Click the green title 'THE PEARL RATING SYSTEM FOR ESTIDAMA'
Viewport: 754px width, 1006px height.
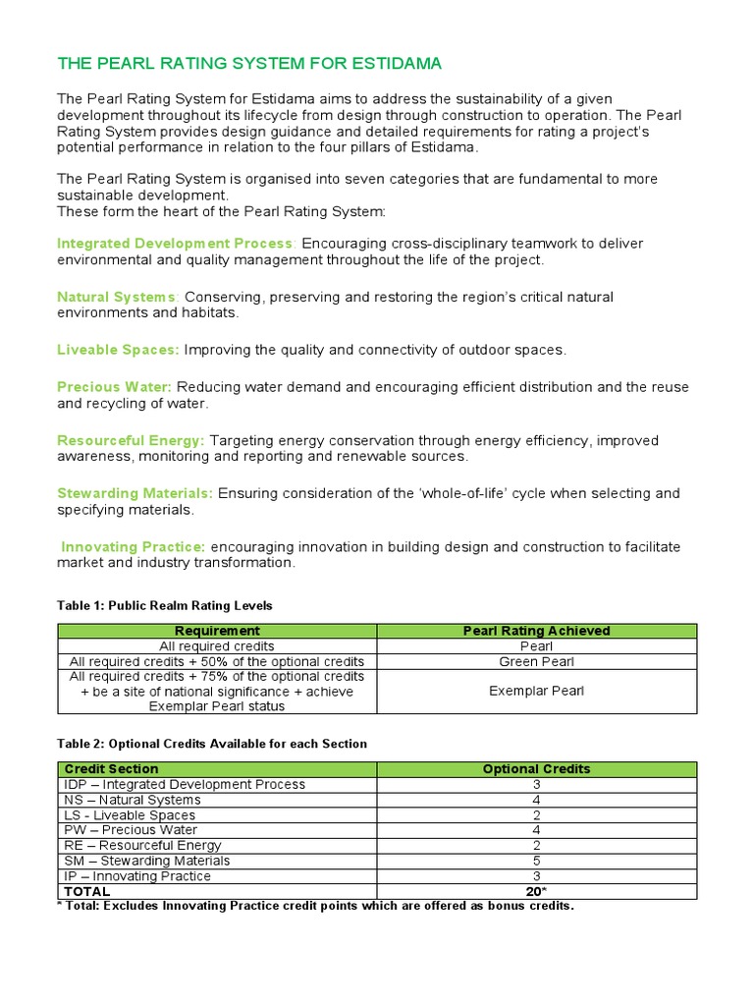[x=249, y=64]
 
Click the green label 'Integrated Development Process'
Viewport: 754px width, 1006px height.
[x=175, y=244]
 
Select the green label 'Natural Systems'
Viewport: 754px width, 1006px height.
[x=118, y=297]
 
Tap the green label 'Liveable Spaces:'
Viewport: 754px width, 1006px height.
[x=118, y=350]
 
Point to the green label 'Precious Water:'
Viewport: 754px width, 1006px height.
[x=114, y=387]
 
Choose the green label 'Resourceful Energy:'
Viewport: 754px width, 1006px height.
[x=131, y=440]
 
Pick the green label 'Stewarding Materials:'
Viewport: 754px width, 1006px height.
[x=135, y=493]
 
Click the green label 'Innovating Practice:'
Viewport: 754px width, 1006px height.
[x=133, y=546]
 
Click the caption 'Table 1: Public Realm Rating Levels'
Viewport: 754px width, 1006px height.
[x=165, y=605]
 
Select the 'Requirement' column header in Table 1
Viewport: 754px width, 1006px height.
[x=217, y=631]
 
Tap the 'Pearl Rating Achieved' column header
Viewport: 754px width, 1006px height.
[x=536, y=631]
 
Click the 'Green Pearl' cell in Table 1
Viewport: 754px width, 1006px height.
[x=536, y=661]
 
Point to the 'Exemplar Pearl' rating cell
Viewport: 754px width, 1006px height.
[x=536, y=691]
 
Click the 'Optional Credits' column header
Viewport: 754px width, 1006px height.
[x=536, y=769]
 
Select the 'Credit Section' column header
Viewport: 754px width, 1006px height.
[x=111, y=769]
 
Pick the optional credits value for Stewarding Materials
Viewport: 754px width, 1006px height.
[x=536, y=861]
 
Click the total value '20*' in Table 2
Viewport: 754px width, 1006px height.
[x=536, y=891]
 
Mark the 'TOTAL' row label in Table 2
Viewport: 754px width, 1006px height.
[x=87, y=891]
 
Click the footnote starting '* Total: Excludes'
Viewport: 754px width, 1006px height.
[x=315, y=905]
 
